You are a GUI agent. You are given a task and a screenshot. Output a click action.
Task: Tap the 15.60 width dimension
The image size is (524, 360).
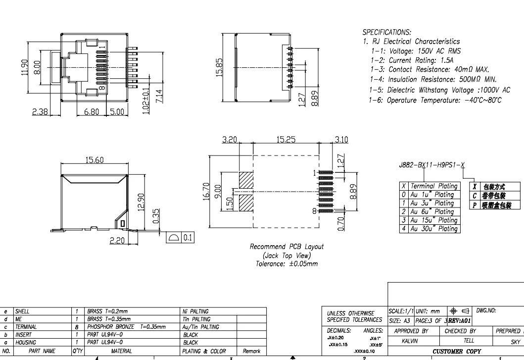(94, 160)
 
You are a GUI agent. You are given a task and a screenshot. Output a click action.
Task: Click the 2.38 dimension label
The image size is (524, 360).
(40, 112)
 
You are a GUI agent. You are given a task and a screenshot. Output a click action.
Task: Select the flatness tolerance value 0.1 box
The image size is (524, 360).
(188, 238)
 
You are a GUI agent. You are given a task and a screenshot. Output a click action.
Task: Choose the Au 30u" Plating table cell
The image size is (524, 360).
(433, 229)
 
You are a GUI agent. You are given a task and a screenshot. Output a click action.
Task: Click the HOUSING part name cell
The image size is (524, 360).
(26, 342)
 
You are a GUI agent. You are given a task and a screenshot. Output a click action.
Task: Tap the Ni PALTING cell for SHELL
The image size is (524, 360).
(196, 311)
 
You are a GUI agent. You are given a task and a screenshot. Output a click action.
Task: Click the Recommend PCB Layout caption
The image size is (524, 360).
(286, 247)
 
